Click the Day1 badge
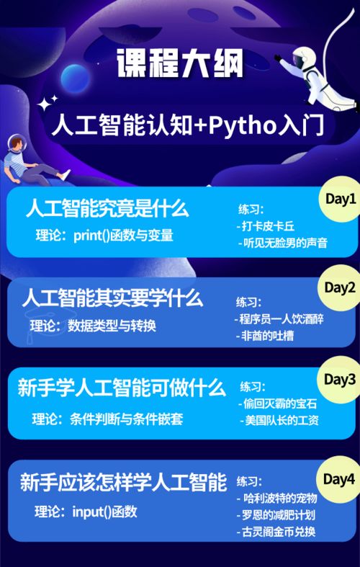[341, 199]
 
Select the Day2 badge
[340, 288]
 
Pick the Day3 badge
[340, 379]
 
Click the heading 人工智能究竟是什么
[107, 210]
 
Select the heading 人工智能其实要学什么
[112, 298]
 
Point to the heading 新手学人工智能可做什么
[122, 389]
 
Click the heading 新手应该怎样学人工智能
[123, 482]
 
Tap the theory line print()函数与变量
[105, 236]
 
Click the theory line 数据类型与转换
[94, 326]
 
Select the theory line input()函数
[86, 512]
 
